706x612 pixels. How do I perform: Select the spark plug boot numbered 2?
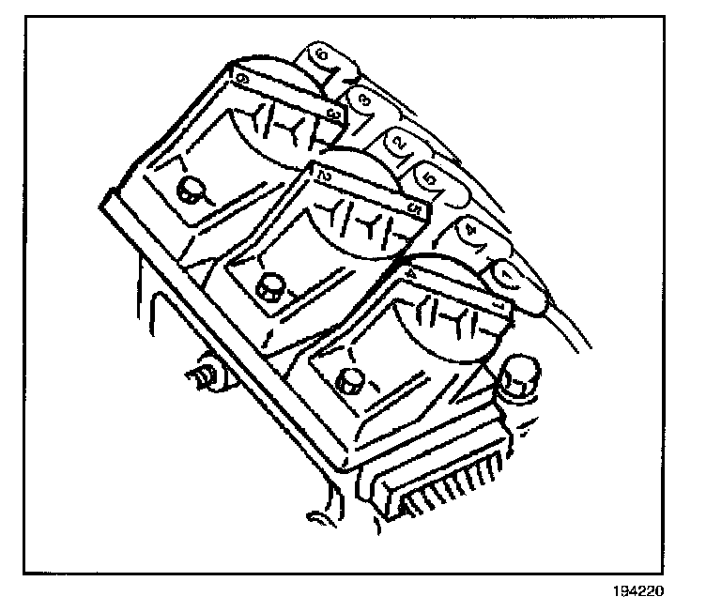click(x=400, y=143)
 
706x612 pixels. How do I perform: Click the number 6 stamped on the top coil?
click(x=243, y=82)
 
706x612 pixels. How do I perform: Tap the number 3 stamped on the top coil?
click(x=331, y=114)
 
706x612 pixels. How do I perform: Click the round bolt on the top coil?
click(x=191, y=191)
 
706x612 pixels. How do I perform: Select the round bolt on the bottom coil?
click(x=350, y=380)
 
